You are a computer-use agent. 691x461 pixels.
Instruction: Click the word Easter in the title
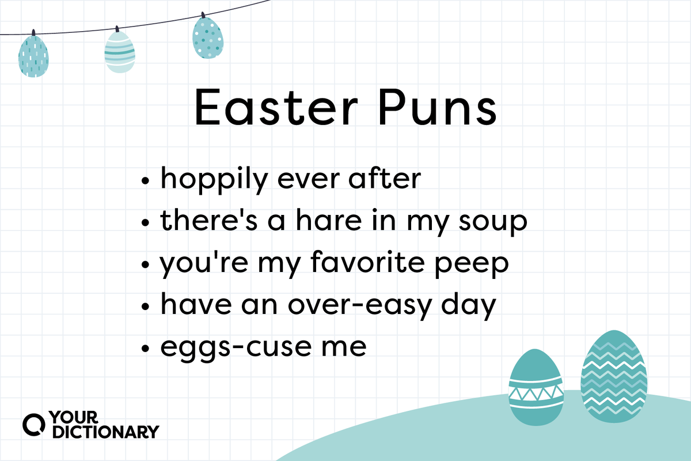[276, 107]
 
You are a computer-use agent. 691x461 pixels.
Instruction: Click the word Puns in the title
[438, 107]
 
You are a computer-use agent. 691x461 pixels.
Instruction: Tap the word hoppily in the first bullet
[214, 180]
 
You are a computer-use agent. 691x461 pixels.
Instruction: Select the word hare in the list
[328, 220]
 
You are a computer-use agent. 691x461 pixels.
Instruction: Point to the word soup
[493, 222]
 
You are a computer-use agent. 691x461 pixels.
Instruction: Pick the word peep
[472, 265]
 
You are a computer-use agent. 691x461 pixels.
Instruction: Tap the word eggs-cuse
[236, 348]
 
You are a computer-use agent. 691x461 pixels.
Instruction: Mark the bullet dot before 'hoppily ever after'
[145, 180]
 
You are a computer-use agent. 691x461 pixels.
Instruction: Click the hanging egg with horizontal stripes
[120, 51]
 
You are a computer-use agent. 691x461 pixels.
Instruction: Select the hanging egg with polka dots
[208, 36]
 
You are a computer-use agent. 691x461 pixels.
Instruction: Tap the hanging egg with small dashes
[33, 55]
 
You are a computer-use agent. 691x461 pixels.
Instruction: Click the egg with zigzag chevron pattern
[614, 376]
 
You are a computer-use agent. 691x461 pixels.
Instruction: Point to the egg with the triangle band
[536, 387]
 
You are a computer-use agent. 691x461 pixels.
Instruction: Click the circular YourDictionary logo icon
[33, 425]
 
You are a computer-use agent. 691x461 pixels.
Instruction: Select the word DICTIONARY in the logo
[106, 432]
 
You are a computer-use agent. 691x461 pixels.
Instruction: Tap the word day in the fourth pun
[469, 307]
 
